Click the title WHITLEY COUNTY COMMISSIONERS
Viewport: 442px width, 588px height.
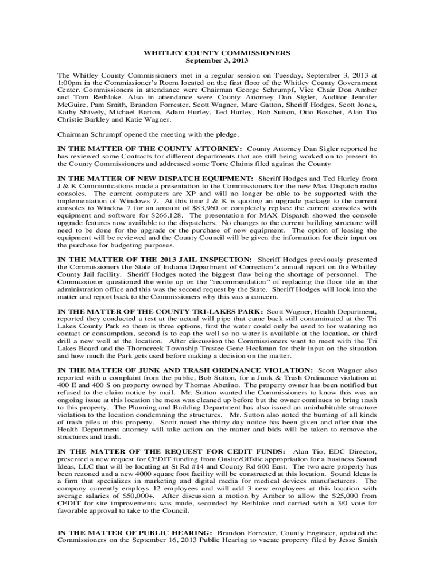tap(217, 53)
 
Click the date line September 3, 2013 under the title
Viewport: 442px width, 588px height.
tap(217, 60)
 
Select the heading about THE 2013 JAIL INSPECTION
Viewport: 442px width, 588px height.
tap(155, 260)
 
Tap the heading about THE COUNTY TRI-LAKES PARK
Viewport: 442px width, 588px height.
tap(157, 312)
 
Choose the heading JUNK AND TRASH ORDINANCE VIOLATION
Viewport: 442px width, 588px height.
tap(185, 370)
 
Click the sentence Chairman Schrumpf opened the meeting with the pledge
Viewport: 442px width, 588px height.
tap(148, 134)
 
